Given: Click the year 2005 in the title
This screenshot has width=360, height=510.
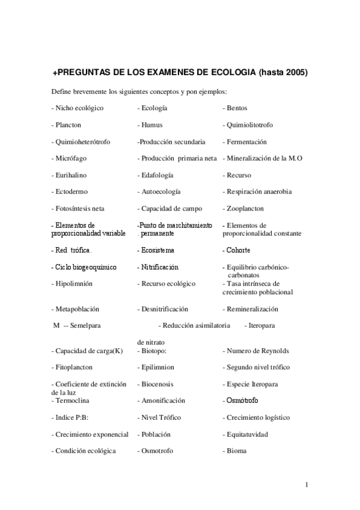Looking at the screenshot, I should pyautogui.click(x=295, y=73).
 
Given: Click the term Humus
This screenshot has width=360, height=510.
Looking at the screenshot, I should pyautogui.click(x=151, y=125).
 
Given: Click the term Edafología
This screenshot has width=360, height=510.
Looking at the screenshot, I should pyautogui.click(x=156, y=175).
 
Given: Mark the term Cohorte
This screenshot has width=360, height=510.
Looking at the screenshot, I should pyautogui.click(x=238, y=250).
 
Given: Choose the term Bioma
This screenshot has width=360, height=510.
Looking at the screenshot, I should pyautogui.click(x=236, y=451).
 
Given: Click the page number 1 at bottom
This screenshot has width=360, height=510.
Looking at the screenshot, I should pyautogui.click(x=306, y=485).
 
